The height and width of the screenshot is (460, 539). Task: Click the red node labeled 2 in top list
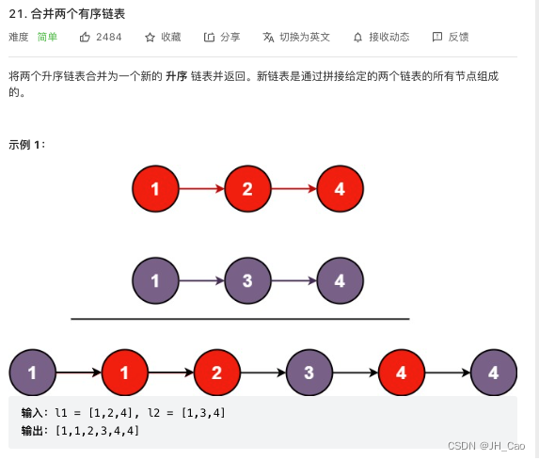click(247, 189)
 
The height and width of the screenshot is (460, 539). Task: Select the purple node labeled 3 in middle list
click(247, 280)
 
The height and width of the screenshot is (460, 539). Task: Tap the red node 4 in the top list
click(340, 189)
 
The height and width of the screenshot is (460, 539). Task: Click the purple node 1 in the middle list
click(155, 280)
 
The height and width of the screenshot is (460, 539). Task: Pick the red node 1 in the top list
click(155, 189)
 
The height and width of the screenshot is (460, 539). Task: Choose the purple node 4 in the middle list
click(340, 280)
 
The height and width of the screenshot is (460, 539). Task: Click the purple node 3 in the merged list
click(309, 373)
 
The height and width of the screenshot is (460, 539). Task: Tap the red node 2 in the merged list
click(217, 373)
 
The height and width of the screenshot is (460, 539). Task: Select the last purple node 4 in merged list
click(494, 373)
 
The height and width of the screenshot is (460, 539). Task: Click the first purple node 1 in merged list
click(33, 373)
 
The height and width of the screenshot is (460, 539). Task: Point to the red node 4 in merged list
click(402, 373)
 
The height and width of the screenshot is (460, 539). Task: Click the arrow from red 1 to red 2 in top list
click(201, 189)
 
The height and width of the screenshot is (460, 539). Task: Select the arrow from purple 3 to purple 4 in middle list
click(293, 280)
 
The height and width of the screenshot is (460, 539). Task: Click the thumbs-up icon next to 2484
click(85, 37)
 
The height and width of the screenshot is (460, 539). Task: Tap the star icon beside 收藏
click(150, 37)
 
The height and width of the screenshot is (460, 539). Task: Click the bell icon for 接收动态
click(357, 37)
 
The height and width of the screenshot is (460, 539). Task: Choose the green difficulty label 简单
click(48, 37)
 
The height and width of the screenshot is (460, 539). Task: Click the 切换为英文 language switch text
click(304, 37)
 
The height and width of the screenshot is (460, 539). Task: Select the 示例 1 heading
click(26, 144)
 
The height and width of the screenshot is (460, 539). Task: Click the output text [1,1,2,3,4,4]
click(97, 430)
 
